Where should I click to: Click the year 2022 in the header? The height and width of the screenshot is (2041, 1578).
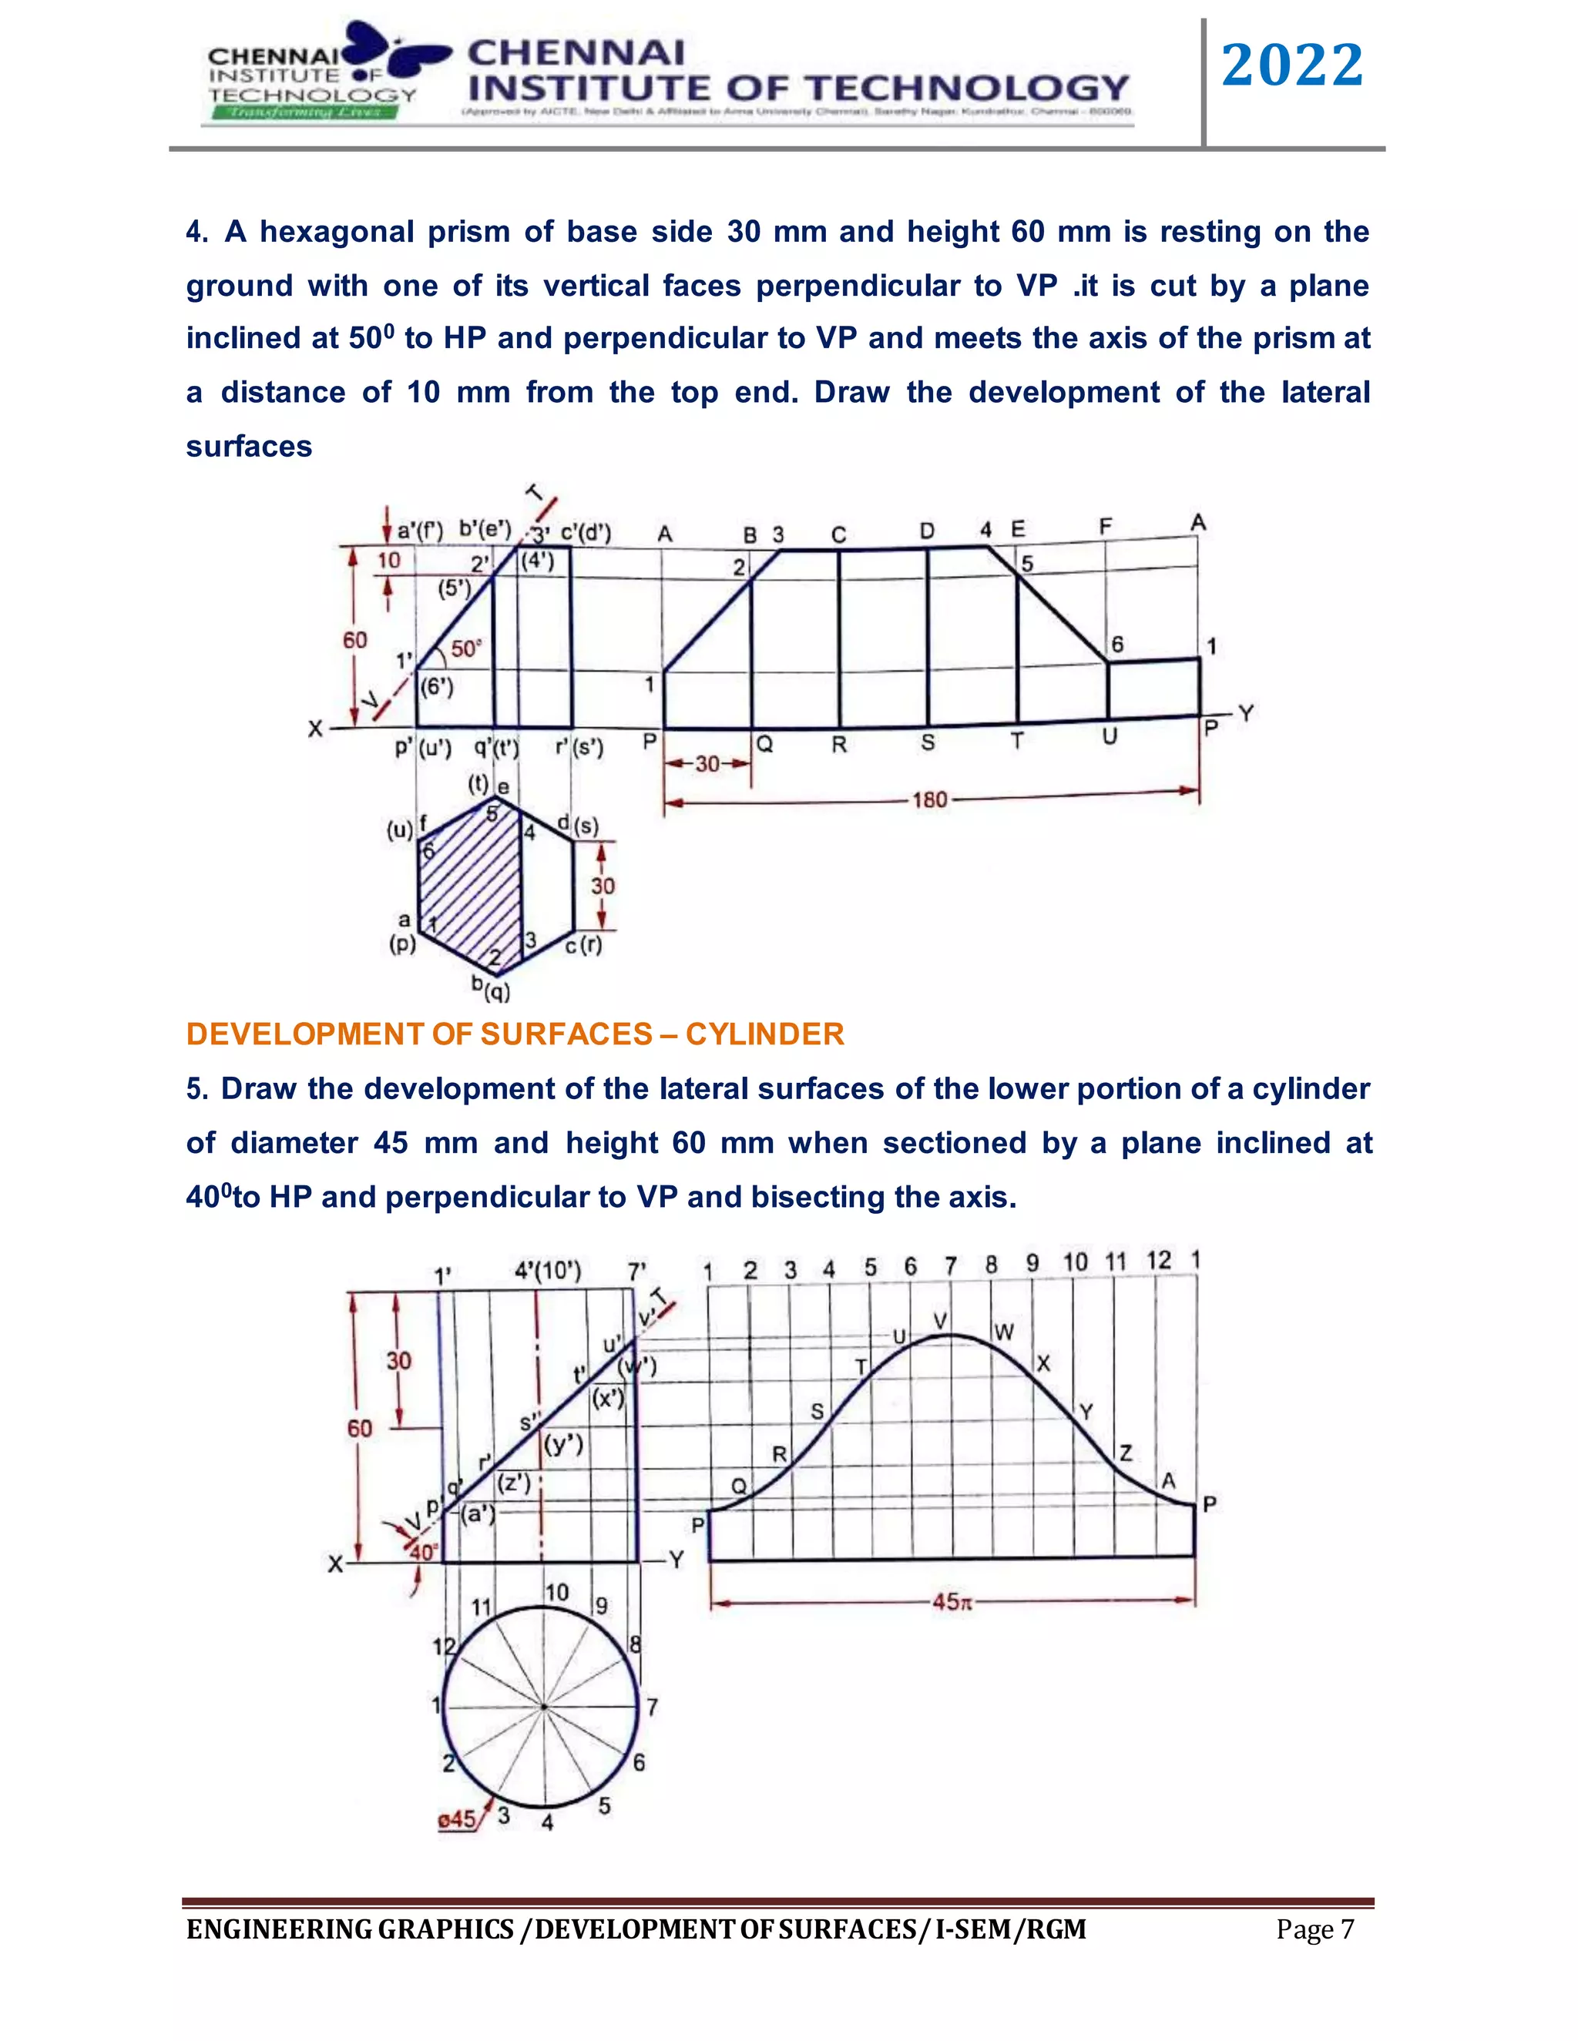click(1292, 66)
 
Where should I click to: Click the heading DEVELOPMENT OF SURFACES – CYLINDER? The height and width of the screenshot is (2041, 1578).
click(515, 1034)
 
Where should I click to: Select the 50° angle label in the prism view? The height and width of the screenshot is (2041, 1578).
click(465, 648)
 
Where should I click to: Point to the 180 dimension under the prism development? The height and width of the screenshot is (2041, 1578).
click(929, 800)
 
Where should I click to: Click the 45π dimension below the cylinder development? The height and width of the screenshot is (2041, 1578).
click(952, 1602)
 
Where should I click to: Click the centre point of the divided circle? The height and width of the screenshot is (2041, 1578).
click(542, 1708)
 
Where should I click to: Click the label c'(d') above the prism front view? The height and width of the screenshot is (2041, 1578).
click(586, 533)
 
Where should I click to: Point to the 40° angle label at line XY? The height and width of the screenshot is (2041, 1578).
click(422, 1552)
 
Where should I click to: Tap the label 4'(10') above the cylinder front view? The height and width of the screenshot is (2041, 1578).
click(548, 1271)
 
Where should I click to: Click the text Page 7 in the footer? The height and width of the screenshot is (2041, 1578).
click(1314, 1930)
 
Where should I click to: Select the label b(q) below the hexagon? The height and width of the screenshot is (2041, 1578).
click(491, 987)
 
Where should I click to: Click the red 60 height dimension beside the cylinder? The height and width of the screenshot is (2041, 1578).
click(360, 1428)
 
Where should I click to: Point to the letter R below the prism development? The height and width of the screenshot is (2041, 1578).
click(838, 745)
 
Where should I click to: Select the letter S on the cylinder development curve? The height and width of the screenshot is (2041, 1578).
click(817, 1411)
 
